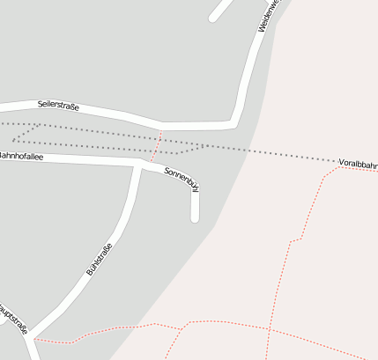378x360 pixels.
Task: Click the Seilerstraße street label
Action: [58, 106]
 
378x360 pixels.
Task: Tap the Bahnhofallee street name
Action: [21, 156]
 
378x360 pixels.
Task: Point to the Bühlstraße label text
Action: [99, 259]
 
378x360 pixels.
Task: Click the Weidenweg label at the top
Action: [267, 16]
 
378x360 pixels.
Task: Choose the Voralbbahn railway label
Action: [358, 164]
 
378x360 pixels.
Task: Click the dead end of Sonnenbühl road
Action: [195, 218]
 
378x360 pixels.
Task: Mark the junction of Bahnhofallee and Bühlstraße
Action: [138, 164]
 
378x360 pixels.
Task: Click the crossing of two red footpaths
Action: [270, 330]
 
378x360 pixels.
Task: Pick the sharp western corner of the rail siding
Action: [14, 138]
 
